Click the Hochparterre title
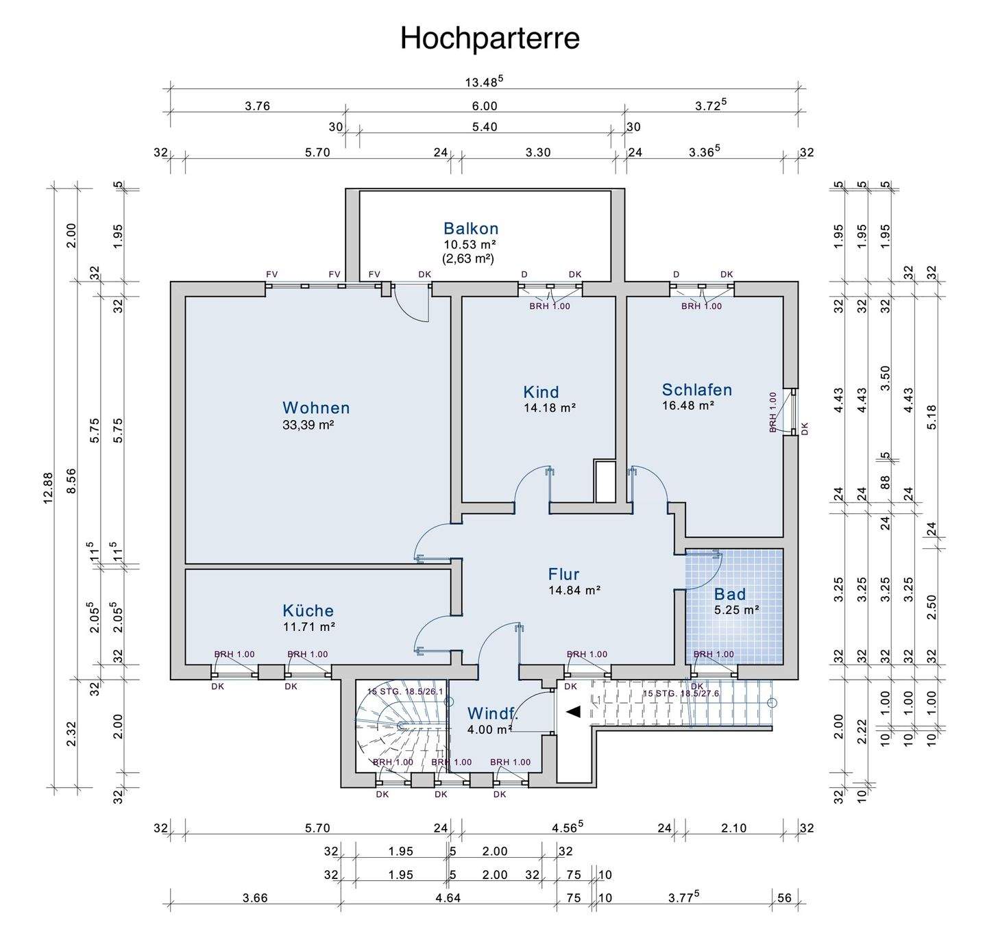489,39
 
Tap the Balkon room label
471,229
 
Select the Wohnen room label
316,408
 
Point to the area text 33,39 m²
308,425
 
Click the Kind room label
541,391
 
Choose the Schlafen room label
697,389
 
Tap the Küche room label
308,610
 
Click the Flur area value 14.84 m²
575,590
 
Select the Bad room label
730,594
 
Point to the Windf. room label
493,713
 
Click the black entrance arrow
573,712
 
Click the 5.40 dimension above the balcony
485,127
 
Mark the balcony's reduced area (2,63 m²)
468,259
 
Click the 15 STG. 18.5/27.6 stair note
681,693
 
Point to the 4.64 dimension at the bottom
448,898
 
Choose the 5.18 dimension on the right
931,417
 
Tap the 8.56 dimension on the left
72,481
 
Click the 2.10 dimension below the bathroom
734,828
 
